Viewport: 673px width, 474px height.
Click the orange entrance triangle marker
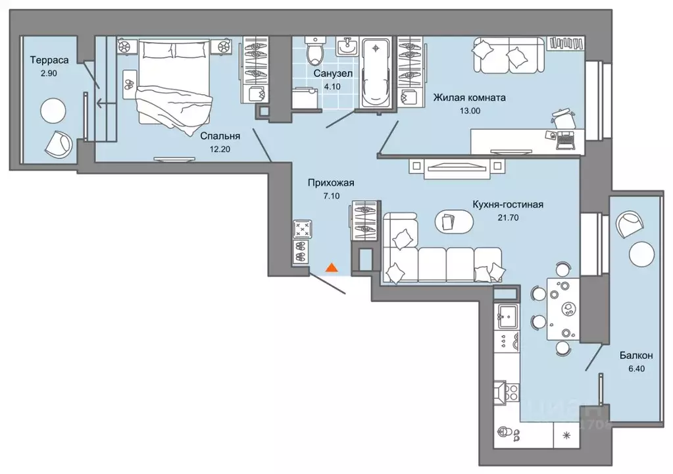(332, 267)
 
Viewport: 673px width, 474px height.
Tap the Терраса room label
(49, 60)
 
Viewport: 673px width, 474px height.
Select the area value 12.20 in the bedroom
(220, 149)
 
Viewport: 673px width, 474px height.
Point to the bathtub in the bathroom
(376, 73)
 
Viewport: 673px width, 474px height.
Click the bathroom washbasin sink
(347, 46)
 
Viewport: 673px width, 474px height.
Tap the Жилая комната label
(469, 97)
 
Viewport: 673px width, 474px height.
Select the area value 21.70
(508, 218)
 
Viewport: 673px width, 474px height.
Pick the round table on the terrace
(53, 111)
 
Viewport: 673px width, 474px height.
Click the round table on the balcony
(641, 253)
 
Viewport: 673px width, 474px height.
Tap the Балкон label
(636, 355)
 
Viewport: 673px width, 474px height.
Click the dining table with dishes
(562, 309)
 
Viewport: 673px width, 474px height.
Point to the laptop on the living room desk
(566, 140)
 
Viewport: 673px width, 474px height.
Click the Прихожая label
(331, 183)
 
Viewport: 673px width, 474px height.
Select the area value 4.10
(332, 87)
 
